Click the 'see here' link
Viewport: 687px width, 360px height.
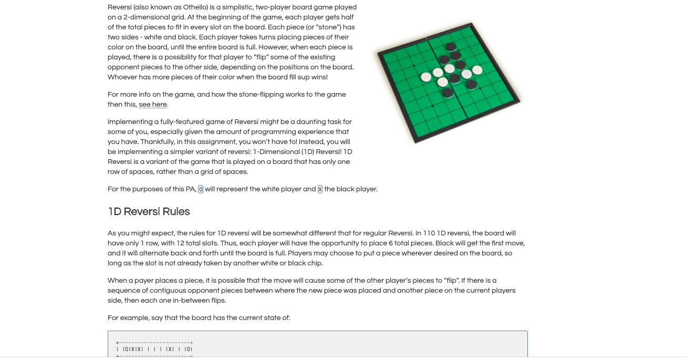(153, 105)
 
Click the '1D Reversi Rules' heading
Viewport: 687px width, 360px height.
(149, 211)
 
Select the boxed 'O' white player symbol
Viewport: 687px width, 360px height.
(201, 189)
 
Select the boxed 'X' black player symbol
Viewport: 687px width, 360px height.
(320, 189)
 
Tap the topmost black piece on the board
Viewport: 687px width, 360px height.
(450, 47)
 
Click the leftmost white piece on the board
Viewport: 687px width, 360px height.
(426, 77)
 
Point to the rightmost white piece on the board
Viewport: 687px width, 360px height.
(477, 70)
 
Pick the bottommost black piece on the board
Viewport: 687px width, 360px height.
(447, 92)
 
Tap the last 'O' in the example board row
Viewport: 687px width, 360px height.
(189, 349)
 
